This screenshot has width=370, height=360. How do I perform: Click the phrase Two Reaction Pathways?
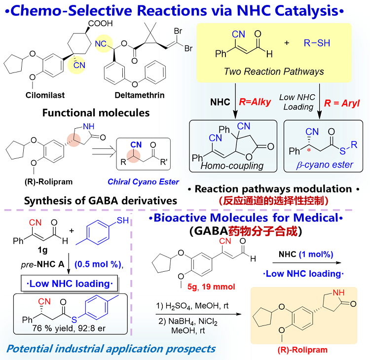pyautogui.click(x=274, y=72)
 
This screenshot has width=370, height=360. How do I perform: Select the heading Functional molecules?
pyautogui.click(x=96, y=113)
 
